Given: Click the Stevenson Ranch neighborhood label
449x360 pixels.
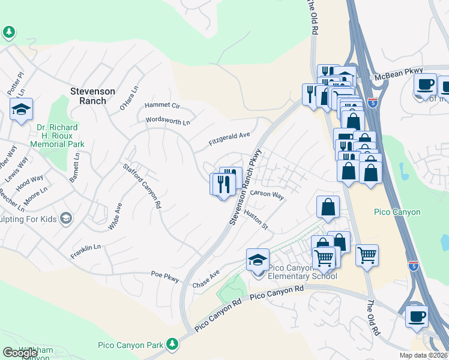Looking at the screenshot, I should pyautogui.click(x=92, y=96).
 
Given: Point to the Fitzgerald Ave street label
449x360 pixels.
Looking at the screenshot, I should pyautogui.click(x=229, y=139).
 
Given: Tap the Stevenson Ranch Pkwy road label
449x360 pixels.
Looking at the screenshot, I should pyautogui.click(x=246, y=187).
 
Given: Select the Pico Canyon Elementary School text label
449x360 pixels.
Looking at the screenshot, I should pyautogui.click(x=302, y=272).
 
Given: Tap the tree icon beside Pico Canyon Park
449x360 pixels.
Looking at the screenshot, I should pyautogui.click(x=172, y=344).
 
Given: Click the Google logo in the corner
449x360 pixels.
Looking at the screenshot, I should pyautogui.click(x=20, y=353).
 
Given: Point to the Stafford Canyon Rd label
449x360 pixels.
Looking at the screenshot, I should pyautogui.click(x=142, y=185).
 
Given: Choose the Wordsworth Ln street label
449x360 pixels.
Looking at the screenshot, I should pyautogui.click(x=167, y=121).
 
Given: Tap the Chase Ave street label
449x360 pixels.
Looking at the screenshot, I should pyautogui.click(x=206, y=278).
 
